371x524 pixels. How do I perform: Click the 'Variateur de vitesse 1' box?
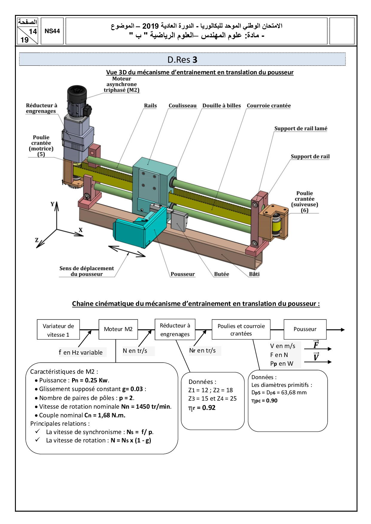58,330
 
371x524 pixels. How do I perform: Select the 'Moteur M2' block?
118,329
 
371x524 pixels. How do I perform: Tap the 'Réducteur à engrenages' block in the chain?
175,330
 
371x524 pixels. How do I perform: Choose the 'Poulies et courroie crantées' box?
241,330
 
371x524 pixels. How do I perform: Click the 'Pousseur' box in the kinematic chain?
305,329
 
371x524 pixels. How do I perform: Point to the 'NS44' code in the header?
52,31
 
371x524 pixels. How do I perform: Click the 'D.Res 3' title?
182,60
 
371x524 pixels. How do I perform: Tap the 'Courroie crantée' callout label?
269,105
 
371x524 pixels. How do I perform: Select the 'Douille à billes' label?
221,105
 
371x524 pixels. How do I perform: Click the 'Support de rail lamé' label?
301,128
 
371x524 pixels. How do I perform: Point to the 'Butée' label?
221,274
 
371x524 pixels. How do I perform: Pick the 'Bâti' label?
254,274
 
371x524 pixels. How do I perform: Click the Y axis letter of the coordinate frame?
53,204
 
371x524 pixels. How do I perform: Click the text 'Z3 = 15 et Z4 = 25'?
212,399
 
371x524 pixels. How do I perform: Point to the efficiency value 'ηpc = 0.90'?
264,401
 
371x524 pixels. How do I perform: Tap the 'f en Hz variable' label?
81,353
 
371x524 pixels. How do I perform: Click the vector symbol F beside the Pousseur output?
316,345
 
